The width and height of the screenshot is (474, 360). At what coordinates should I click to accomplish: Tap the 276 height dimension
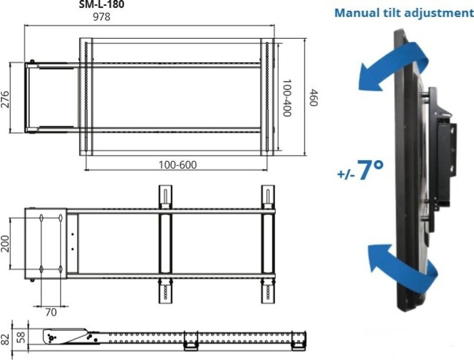point(6,99)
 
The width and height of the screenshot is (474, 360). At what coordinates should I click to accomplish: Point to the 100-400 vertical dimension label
point(287,98)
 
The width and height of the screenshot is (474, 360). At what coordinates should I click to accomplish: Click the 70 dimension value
point(51,312)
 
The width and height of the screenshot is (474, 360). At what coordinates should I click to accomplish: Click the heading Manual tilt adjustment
point(401,12)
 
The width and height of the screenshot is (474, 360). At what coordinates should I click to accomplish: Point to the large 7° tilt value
point(370,170)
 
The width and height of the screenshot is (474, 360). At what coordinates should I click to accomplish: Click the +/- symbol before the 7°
point(346,174)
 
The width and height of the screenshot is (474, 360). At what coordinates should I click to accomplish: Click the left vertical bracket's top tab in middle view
point(165,194)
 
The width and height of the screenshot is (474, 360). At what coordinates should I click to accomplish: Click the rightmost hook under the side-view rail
point(298,345)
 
